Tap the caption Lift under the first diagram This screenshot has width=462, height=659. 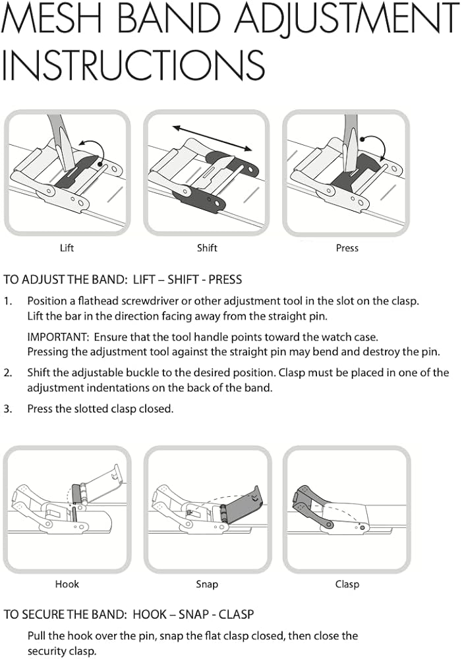click(67, 248)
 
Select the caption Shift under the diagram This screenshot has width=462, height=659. click(207, 248)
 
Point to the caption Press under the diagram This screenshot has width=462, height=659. click(347, 248)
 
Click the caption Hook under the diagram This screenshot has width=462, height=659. click(67, 584)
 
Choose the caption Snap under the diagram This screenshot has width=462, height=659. click(207, 584)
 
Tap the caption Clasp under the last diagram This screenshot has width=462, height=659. click(347, 584)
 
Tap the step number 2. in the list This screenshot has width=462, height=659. click(8, 373)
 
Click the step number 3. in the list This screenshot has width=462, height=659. click(8, 409)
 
